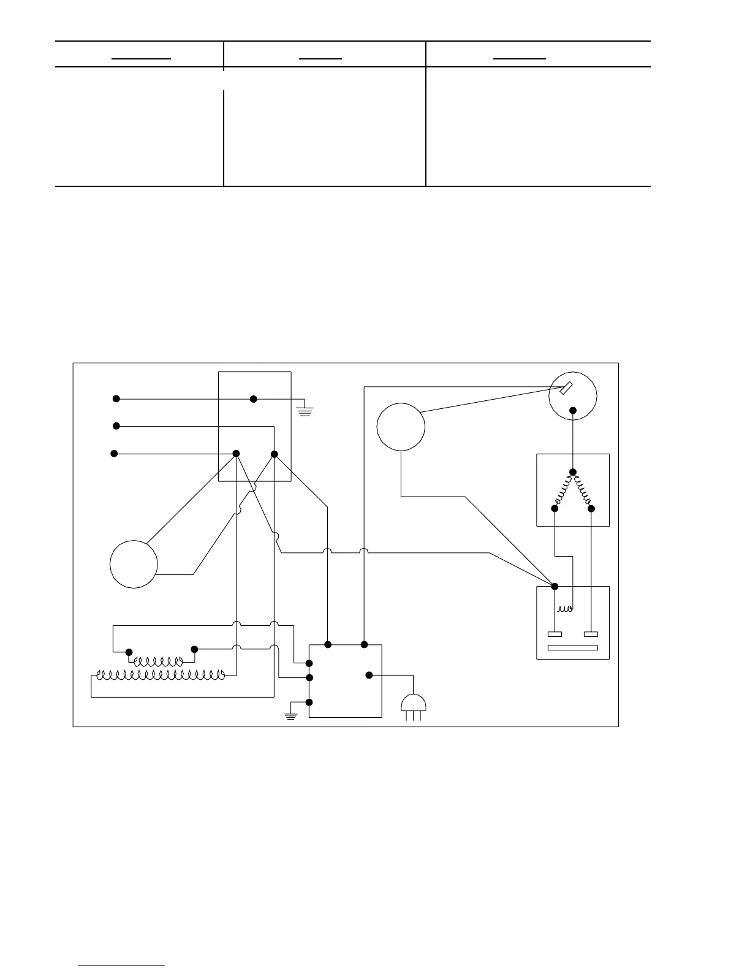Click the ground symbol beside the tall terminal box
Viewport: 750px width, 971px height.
pyautogui.click(x=305, y=409)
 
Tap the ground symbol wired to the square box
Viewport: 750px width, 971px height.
pyautogui.click(x=291, y=714)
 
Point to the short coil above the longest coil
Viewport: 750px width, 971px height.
pyautogui.click(x=158, y=662)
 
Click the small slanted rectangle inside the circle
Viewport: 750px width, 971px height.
pyautogui.click(x=566, y=388)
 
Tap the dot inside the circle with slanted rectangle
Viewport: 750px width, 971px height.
pyautogui.click(x=573, y=411)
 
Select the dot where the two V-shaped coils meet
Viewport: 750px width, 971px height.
pyautogui.click(x=573, y=472)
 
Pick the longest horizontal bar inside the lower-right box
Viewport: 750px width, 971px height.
pyautogui.click(x=573, y=648)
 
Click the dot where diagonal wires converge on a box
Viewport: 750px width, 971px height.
pyautogui.click(x=555, y=586)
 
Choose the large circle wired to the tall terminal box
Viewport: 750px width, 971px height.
pyautogui.click(x=134, y=564)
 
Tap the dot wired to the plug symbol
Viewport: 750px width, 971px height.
pyautogui.click(x=369, y=676)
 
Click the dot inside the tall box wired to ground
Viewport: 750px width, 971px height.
pyautogui.click(x=254, y=399)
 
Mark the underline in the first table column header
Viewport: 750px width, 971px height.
pyautogui.click(x=141, y=59)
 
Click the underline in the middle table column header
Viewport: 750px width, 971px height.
pyautogui.click(x=320, y=59)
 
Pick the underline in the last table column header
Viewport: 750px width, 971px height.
pyautogui.click(x=520, y=59)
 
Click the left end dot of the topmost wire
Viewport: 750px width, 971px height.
pyautogui.click(x=116, y=399)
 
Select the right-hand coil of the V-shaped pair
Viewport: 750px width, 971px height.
pyautogui.click(x=583, y=490)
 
